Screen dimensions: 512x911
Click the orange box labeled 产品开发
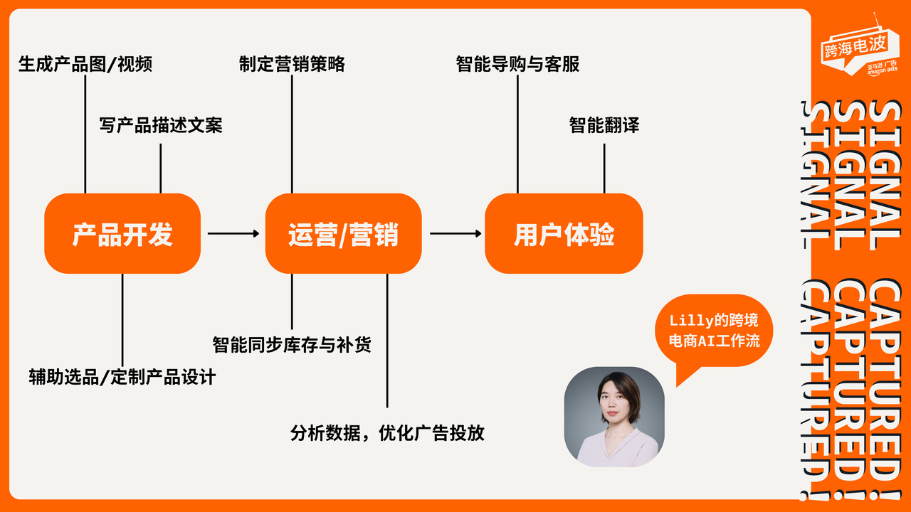[x=122, y=234]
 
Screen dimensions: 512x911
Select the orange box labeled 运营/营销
[x=343, y=234]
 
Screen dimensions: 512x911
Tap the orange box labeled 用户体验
[x=564, y=234]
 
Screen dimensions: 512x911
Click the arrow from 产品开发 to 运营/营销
[x=233, y=233]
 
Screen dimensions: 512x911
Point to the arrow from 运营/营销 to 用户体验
[x=455, y=233]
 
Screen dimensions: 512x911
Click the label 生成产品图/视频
[x=85, y=64]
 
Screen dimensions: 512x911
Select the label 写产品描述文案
[x=161, y=125]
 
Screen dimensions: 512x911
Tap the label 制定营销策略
[x=292, y=64]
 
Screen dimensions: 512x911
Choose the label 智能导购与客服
[x=517, y=64]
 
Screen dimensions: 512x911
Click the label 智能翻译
[x=604, y=125]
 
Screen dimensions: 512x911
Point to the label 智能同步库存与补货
[x=292, y=346]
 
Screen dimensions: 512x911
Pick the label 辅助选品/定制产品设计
[x=122, y=376]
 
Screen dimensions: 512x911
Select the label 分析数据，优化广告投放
[x=387, y=432]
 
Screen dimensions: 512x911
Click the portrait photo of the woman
[x=614, y=417]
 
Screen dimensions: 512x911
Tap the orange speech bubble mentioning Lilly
[x=714, y=331]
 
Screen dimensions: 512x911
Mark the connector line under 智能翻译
[x=604, y=168]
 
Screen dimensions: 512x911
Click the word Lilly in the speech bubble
[x=690, y=321]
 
